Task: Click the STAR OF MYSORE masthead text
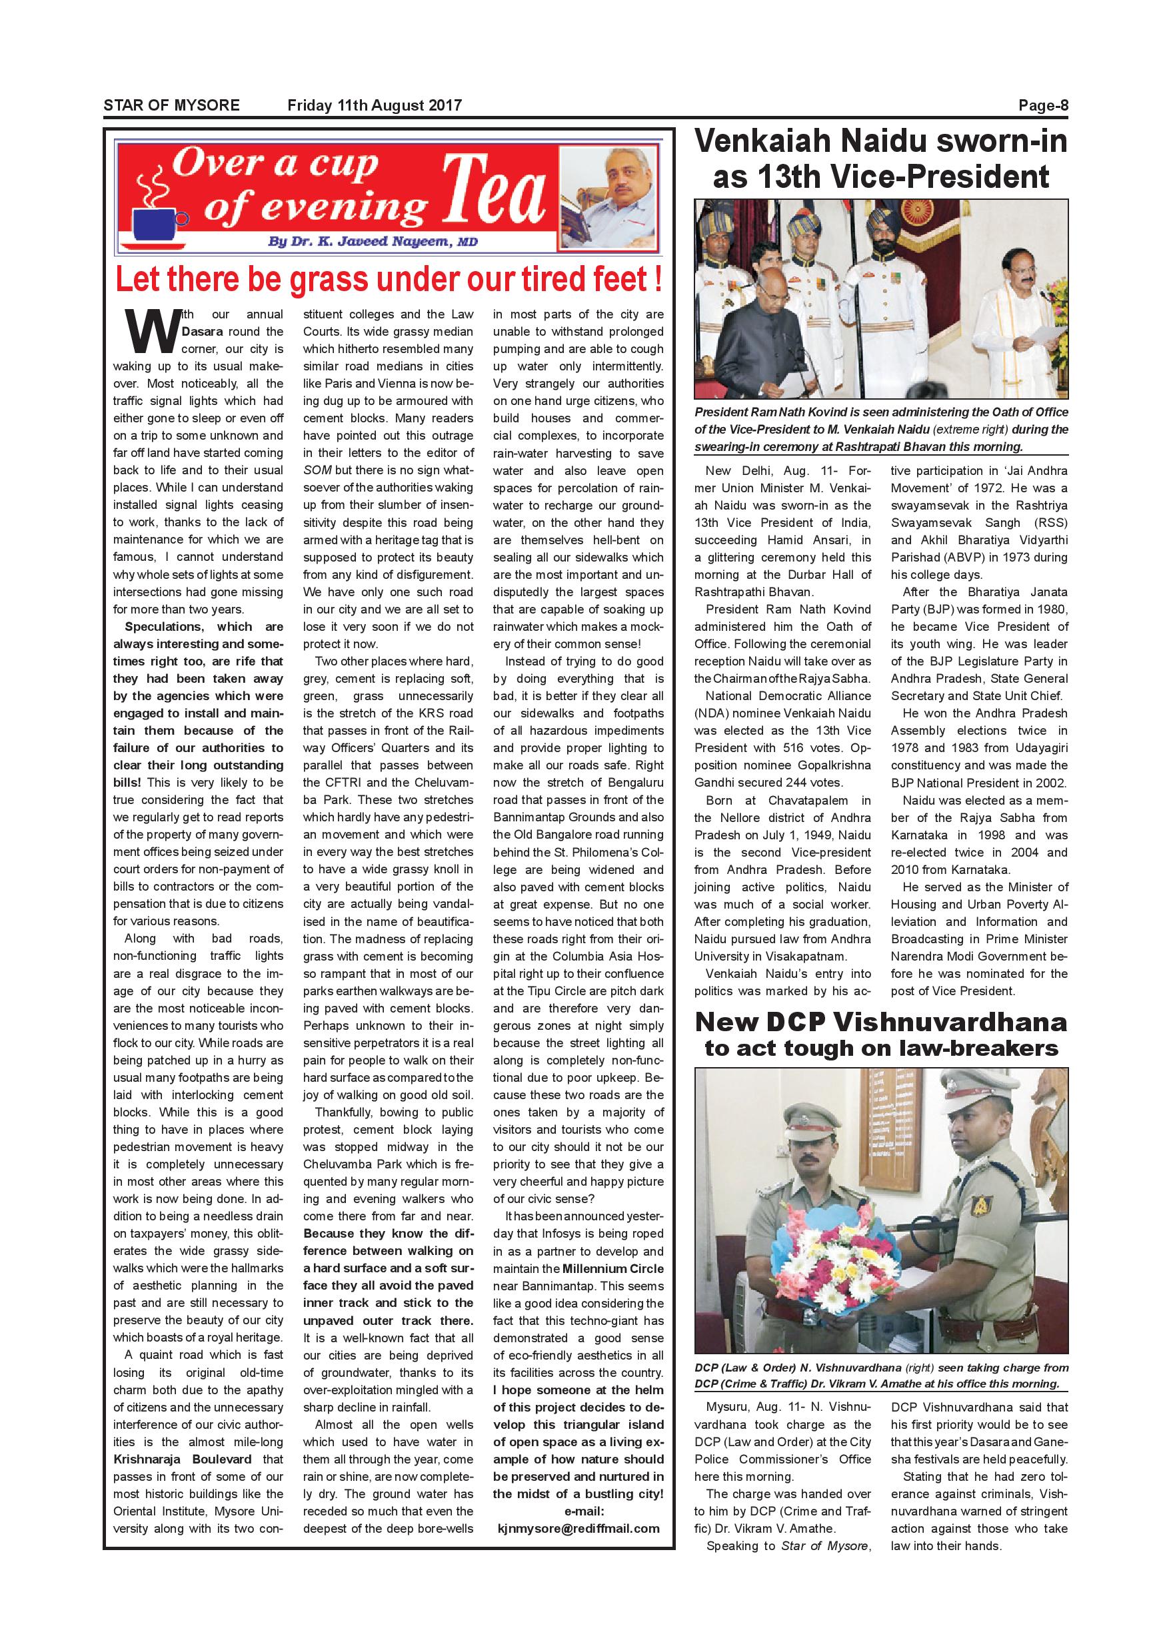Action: [x=171, y=105]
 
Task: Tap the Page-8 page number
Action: [x=1043, y=106]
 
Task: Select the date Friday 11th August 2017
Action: [x=375, y=105]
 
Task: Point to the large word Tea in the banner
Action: [x=494, y=191]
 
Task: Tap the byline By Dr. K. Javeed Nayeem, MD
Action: [x=372, y=242]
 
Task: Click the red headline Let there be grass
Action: [x=389, y=279]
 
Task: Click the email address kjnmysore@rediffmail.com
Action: [x=579, y=1528]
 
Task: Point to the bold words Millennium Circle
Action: [x=613, y=1268]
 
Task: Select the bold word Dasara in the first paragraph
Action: [x=202, y=332]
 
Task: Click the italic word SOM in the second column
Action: [x=317, y=470]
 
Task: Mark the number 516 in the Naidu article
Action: [x=792, y=747]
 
